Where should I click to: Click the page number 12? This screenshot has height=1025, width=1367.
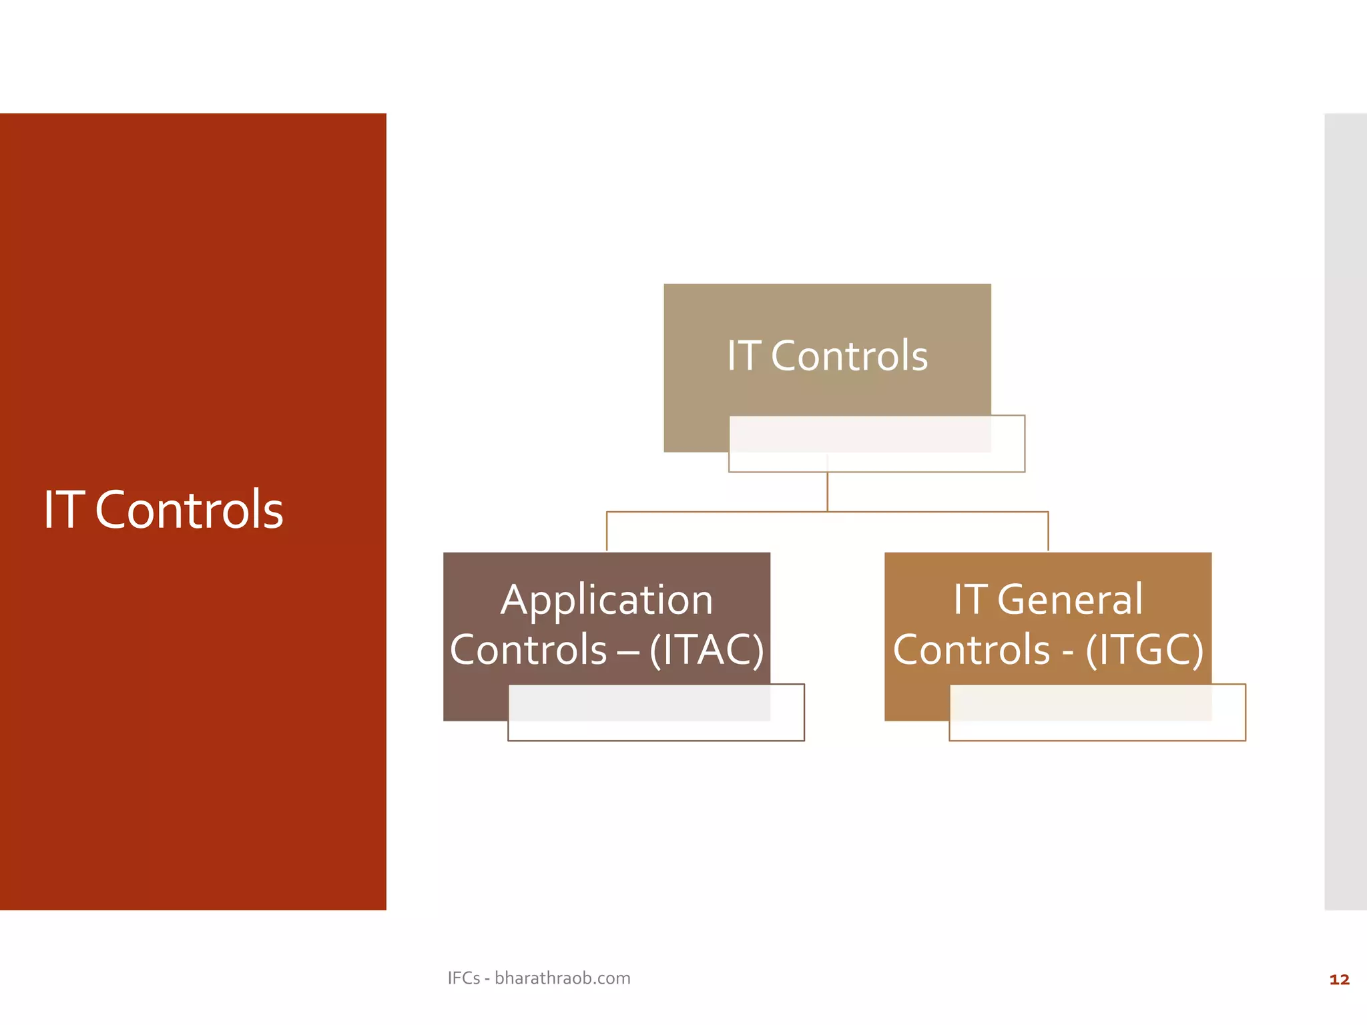pos(1339,980)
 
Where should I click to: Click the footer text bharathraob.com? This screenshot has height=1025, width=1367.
pos(562,978)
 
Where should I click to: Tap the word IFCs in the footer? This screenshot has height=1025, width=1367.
pos(463,978)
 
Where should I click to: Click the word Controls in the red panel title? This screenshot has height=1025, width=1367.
pos(189,510)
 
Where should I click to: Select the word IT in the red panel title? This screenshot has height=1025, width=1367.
pos(64,510)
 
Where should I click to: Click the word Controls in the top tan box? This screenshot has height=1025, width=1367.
pos(849,356)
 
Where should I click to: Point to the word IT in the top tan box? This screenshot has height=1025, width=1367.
pos(744,356)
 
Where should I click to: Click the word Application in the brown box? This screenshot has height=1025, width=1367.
pos(607,599)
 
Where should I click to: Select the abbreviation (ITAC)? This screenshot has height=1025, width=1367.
pos(706,649)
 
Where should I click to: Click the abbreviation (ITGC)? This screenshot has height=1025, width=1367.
pos(1144,649)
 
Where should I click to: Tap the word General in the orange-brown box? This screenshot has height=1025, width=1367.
pos(1069,599)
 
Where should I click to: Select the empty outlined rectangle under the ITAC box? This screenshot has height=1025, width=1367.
pos(655,730)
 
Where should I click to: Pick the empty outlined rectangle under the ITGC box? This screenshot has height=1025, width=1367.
pos(1097,730)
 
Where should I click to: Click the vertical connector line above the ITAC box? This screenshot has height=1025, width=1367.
pos(607,531)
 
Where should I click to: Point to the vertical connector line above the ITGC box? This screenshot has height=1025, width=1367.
pos(1048,531)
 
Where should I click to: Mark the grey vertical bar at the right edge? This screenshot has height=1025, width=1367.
pos(1345,511)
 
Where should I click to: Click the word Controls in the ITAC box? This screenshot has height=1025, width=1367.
pos(528,649)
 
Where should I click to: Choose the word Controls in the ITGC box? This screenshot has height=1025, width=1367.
pos(971,649)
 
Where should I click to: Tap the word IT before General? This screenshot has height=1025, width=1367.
pos(970,599)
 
